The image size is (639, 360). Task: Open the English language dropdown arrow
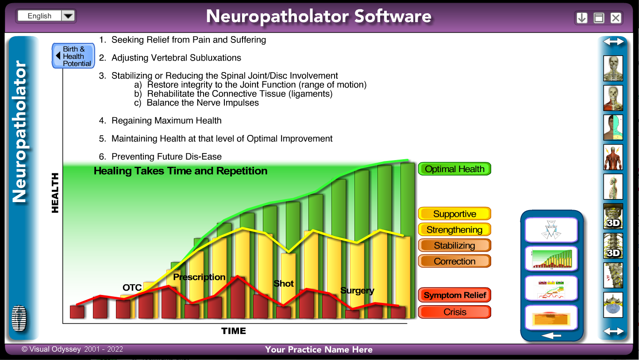pos(68,15)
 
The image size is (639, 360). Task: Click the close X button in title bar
pos(616,18)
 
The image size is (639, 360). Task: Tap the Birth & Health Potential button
pos(73,56)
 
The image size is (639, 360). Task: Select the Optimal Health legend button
pos(454,169)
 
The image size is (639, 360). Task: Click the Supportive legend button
pos(454,214)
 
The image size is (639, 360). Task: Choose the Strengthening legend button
pos(454,230)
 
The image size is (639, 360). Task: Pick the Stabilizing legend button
pos(454,245)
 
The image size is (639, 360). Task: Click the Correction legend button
pos(454,261)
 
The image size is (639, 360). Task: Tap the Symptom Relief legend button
pos(454,295)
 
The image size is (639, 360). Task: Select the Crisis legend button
pos(454,312)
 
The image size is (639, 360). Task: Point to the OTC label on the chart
pos(132,287)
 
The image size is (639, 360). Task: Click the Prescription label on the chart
pos(199,277)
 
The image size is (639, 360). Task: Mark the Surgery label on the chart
pos(357,291)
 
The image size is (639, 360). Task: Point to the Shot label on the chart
pos(284,283)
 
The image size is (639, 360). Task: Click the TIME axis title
pos(233,331)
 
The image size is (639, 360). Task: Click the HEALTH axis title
pos(55,193)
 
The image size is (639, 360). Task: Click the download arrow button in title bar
pos(581,18)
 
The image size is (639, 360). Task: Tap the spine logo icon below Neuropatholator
pos(19,318)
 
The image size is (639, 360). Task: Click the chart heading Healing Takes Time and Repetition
pos(181,171)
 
